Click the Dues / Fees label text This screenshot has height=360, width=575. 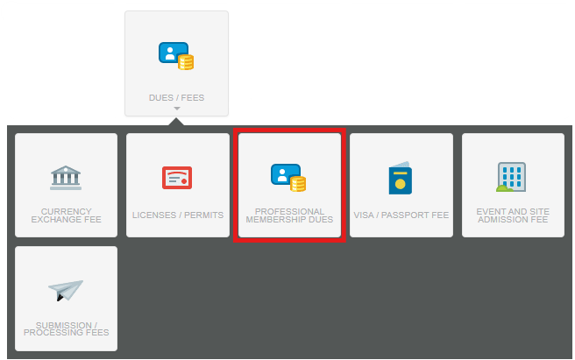pyautogui.click(x=176, y=98)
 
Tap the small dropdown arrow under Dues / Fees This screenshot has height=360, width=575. pyautogui.click(x=177, y=109)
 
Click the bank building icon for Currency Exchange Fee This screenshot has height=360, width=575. pyautogui.click(x=66, y=178)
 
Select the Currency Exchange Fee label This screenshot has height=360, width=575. pyautogui.click(x=66, y=215)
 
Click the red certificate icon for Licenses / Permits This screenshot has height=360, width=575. pyautogui.click(x=177, y=178)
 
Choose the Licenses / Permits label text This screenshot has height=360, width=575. pyautogui.click(x=178, y=215)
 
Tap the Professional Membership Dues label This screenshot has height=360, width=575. pyautogui.click(x=289, y=215)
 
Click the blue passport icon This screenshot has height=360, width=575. pyautogui.click(x=400, y=178)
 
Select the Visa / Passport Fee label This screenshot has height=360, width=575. pyautogui.click(x=401, y=215)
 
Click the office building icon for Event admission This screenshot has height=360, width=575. pyautogui.click(x=512, y=177)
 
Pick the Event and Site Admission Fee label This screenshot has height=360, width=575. pyautogui.click(x=513, y=215)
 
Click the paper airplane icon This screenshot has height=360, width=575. pyautogui.click(x=66, y=290)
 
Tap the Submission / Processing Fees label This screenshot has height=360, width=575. pyautogui.click(x=66, y=328)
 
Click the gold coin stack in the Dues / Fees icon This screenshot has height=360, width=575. pyautogui.click(x=186, y=62)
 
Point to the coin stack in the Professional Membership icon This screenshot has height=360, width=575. pyautogui.click(x=298, y=184)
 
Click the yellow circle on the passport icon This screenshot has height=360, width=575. pyautogui.click(x=400, y=184)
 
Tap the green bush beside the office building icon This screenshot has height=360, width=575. pyautogui.click(x=504, y=188)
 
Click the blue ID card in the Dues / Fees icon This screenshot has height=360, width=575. pyautogui.click(x=173, y=53)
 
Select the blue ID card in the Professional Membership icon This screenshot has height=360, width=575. pyautogui.click(x=285, y=174)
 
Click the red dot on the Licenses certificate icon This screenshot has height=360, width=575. pyautogui.click(x=184, y=181)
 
